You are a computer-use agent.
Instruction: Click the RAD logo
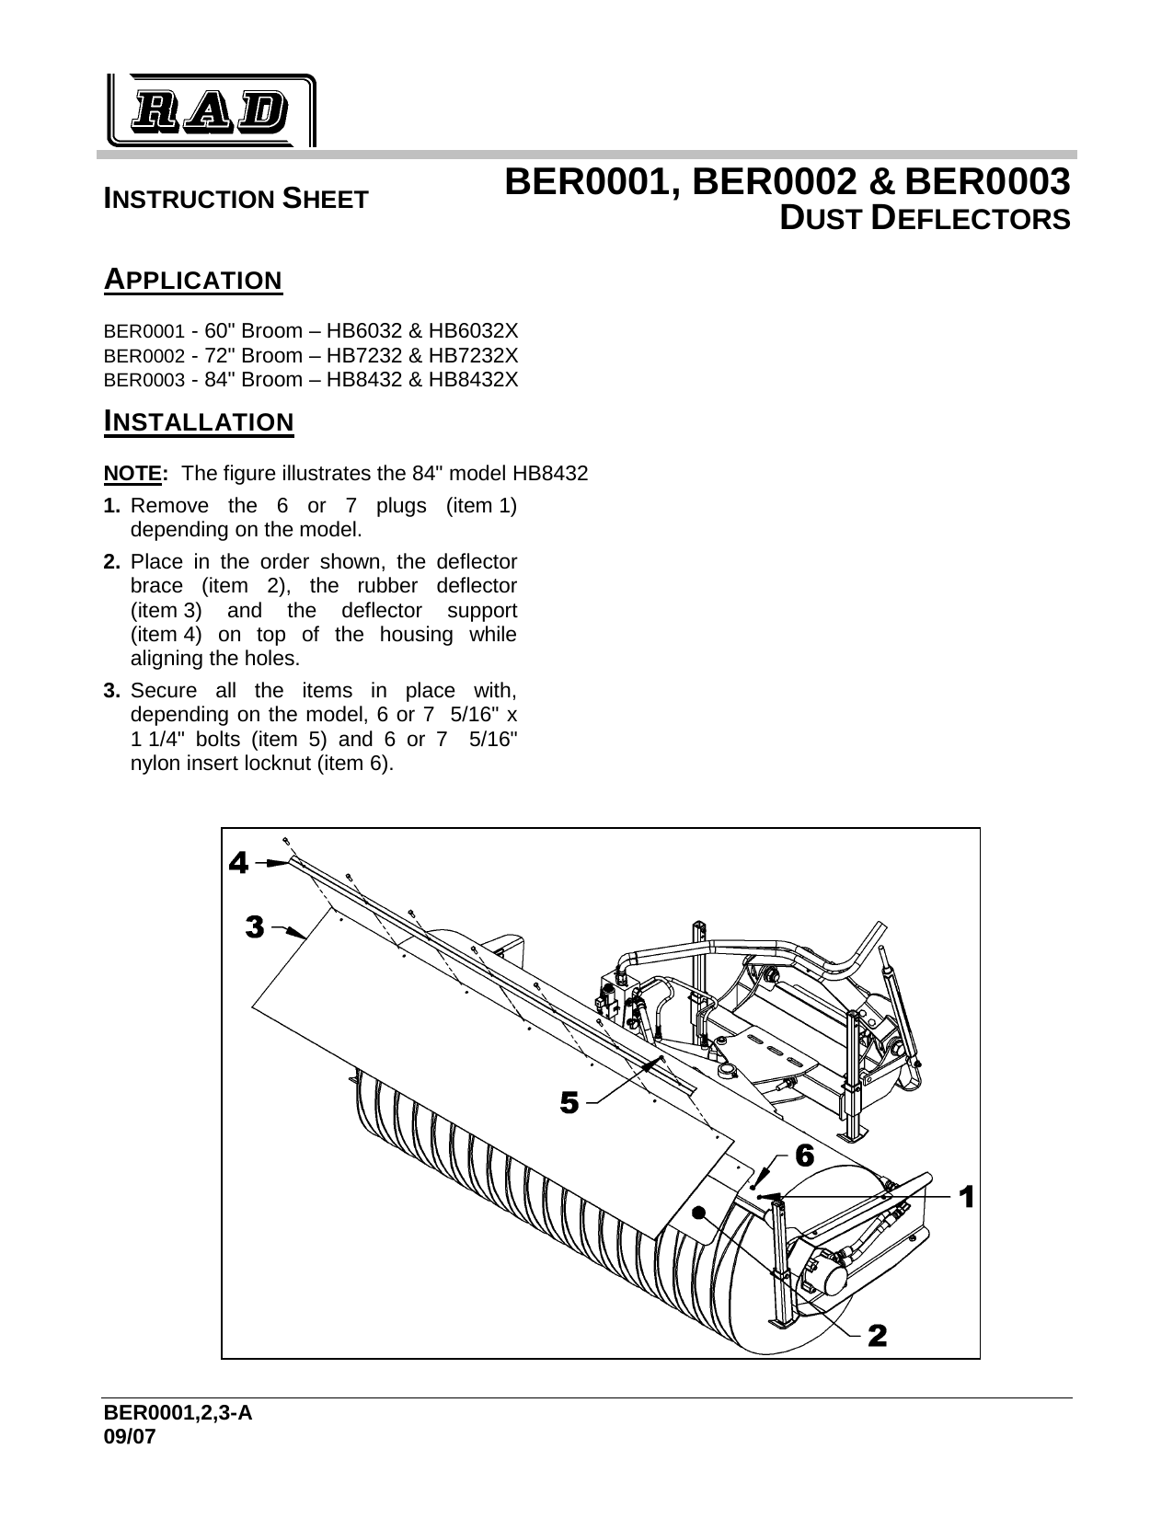[209, 111]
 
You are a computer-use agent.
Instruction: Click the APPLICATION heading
[193, 279]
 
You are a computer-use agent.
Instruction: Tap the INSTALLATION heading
[199, 422]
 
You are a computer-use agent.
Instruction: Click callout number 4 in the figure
[238, 863]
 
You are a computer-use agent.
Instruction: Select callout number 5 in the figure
[569, 1101]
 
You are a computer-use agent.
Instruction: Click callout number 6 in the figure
[803, 1156]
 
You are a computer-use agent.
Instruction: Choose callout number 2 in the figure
[878, 1334]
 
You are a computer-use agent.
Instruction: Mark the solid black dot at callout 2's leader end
[700, 1213]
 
